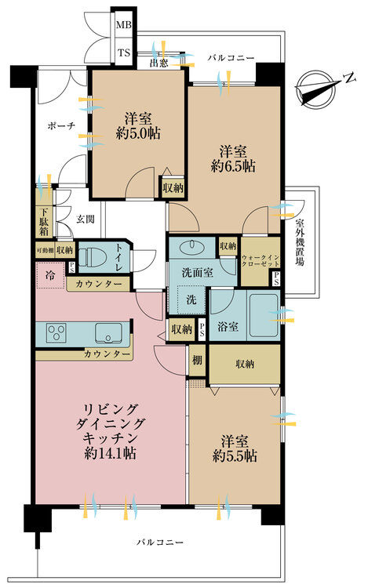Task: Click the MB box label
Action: tap(124, 25)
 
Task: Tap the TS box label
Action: tap(124, 53)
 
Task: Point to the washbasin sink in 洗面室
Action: tap(188, 249)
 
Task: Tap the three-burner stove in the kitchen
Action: tap(56, 332)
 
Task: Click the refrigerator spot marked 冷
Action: tap(49, 275)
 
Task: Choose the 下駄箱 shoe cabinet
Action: tap(44, 220)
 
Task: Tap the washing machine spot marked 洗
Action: tap(191, 299)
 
